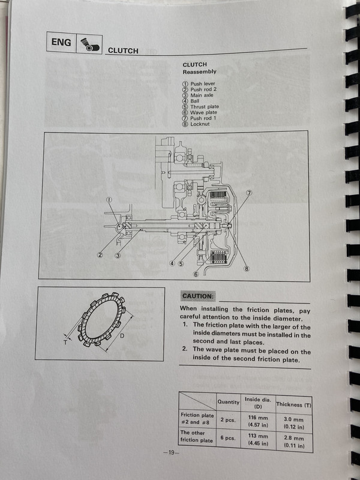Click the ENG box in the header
61,42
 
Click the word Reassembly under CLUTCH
199,72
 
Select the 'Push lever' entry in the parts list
199,83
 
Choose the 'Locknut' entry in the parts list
196,124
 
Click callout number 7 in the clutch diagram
249,193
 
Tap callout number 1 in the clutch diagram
109,200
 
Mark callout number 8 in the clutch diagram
247,269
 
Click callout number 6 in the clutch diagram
196,274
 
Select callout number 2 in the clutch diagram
100,254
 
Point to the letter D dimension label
122,336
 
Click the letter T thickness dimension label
65,343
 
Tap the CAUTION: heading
197,296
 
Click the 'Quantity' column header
229,402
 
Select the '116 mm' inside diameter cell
258,418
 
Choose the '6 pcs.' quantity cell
228,438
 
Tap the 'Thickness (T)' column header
294,404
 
